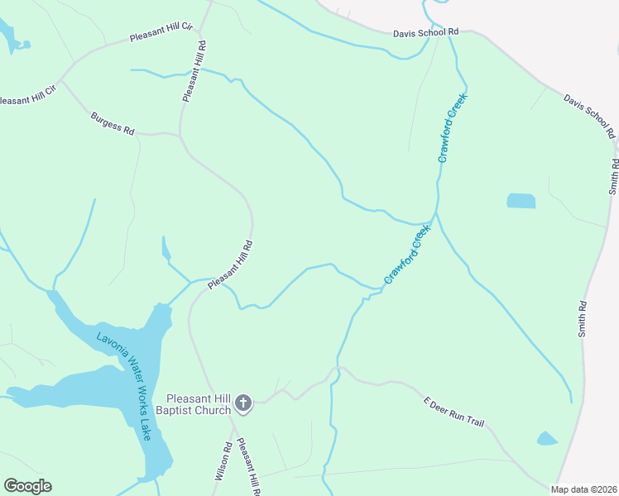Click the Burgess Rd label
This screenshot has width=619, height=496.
(x=113, y=124)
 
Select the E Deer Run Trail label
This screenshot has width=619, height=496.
(x=453, y=412)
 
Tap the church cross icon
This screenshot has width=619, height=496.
(x=243, y=403)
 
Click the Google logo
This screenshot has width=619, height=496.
(x=27, y=486)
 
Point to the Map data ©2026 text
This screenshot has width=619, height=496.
(x=583, y=489)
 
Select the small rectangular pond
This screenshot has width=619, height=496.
(x=521, y=200)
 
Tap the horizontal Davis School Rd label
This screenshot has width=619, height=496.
(x=425, y=32)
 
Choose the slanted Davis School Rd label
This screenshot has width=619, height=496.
(x=590, y=115)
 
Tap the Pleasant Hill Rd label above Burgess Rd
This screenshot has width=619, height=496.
(x=193, y=71)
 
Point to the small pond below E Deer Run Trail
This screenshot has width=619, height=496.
(x=547, y=438)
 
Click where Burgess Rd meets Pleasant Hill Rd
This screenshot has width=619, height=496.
(x=180, y=133)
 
